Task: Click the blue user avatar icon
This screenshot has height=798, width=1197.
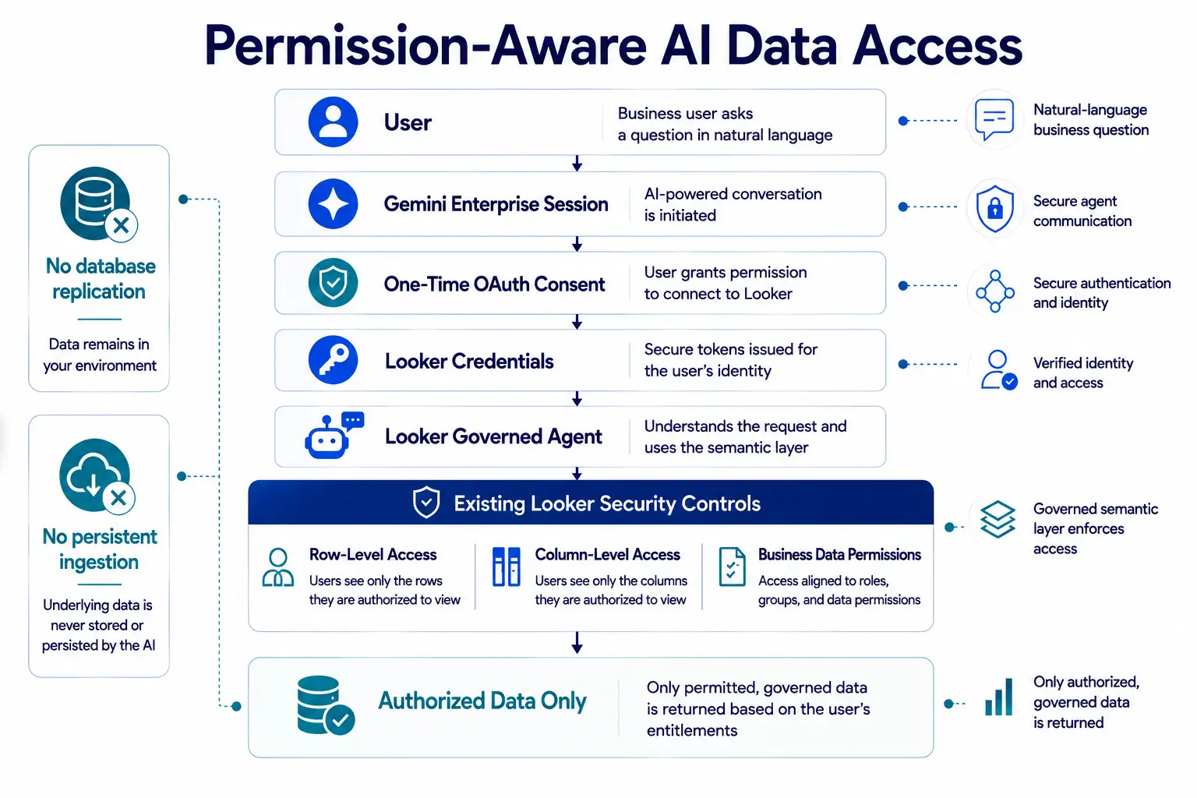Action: pos(333,122)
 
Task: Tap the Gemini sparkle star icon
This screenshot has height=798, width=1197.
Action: pos(333,203)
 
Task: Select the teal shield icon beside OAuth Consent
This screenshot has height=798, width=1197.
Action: pos(333,283)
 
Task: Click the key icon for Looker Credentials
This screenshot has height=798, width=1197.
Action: pos(333,360)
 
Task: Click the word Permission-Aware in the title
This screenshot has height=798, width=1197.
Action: pos(426,46)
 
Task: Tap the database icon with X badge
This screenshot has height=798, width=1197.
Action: pos(98,204)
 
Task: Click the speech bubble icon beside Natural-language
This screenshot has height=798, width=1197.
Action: pos(994,119)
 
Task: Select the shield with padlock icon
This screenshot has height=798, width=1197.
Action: pos(994,208)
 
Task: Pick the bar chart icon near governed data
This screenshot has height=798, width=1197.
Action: pos(999,697)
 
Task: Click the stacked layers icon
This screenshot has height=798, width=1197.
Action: pos(997,519)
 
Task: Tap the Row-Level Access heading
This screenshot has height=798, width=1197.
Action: pos(373,554)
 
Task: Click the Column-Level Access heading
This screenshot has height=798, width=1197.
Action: pos(608,554)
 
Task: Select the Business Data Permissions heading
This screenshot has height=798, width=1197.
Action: pos(839,554)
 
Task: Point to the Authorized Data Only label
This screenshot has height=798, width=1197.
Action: pos(482,701)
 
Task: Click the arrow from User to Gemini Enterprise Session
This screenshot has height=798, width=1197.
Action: pos(577,163)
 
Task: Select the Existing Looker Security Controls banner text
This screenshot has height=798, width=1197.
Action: pos(607,503)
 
